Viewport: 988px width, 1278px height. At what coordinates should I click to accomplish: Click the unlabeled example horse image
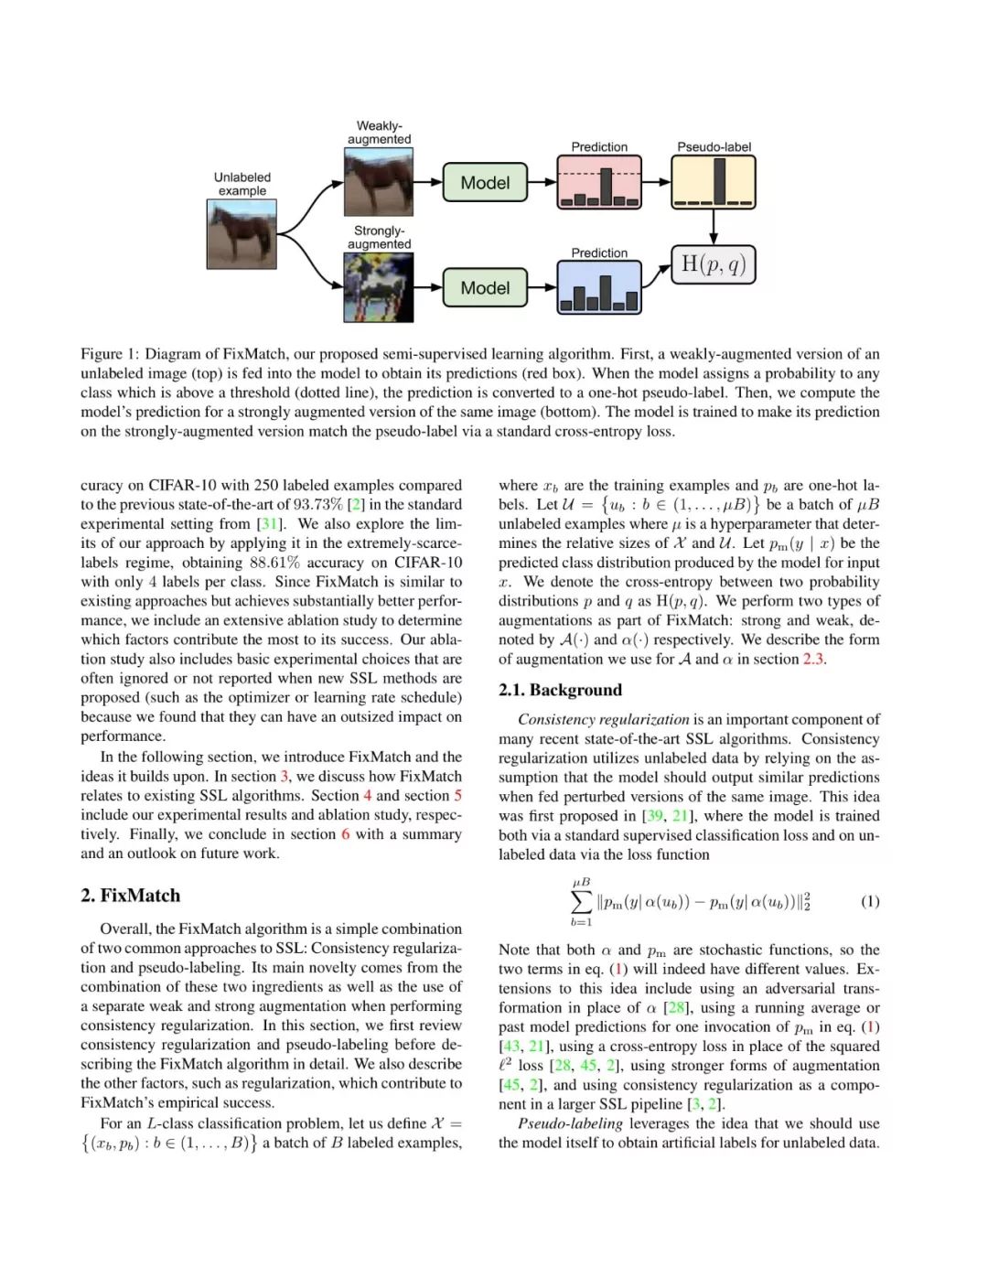pyautogui.click(x=242, y=233)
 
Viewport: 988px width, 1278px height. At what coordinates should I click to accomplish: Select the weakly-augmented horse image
pyautogui.click(x=379, y=181)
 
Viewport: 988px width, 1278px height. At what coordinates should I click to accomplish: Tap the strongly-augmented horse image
pyautogui.click(x=379, y=287)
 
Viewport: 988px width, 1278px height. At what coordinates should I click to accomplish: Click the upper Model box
pyautogui.click(x=485, y=182)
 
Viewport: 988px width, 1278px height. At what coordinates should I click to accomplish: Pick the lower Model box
pyautogui.click(x=485, y=288)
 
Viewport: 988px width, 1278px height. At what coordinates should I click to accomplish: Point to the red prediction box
pyautogui.click(x=599, y=182)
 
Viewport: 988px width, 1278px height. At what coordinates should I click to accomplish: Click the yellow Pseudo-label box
pyautogui.click(x=714, y=182)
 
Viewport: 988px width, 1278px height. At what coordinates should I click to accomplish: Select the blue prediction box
pyautogui.click(x=599, y=288)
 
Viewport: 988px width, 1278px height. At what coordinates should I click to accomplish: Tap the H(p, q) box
pyautogui.click(x=714, y=265)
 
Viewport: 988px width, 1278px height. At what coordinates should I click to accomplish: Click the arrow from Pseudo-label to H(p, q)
pyautogui.click(x=714, y=228)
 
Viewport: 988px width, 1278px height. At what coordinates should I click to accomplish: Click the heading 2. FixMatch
pyautogui.click(x=130, y=896)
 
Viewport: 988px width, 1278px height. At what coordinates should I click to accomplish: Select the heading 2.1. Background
pyautogui.click(x=560, y=690)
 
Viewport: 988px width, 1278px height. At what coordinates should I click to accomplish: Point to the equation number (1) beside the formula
pyautogui.click(x=870, y=901)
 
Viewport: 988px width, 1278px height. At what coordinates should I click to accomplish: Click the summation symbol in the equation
pyautogui.click(x=581, y=901)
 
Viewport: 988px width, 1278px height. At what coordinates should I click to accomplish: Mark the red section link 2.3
pyautogui.click(x=813, y=659)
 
